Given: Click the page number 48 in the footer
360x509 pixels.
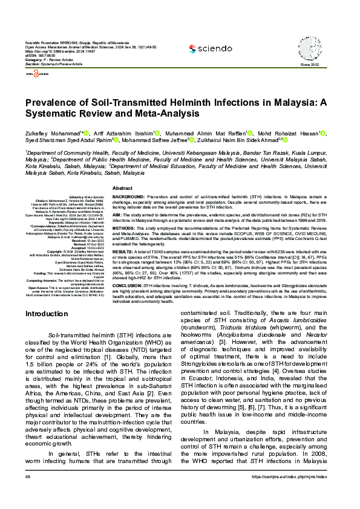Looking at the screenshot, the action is point(28,494).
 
